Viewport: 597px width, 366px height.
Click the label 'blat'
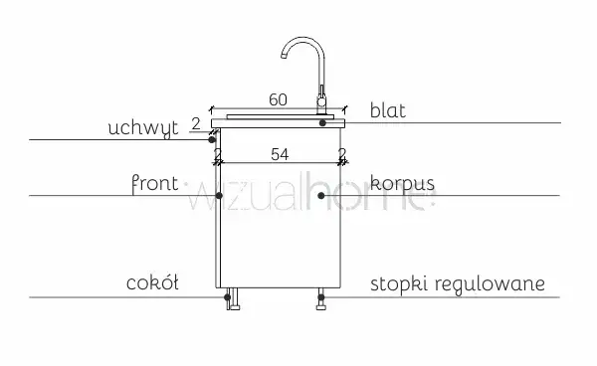388,110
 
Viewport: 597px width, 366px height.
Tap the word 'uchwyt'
142,128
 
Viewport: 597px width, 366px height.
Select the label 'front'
154,184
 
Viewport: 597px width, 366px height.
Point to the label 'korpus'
402,183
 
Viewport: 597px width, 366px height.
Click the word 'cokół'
152,283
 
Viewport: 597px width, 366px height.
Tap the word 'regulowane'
490,284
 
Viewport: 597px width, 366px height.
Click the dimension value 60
278,99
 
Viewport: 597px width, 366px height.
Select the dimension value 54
280,154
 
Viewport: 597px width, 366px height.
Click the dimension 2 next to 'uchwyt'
196,124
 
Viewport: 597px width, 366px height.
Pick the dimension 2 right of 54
342,154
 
